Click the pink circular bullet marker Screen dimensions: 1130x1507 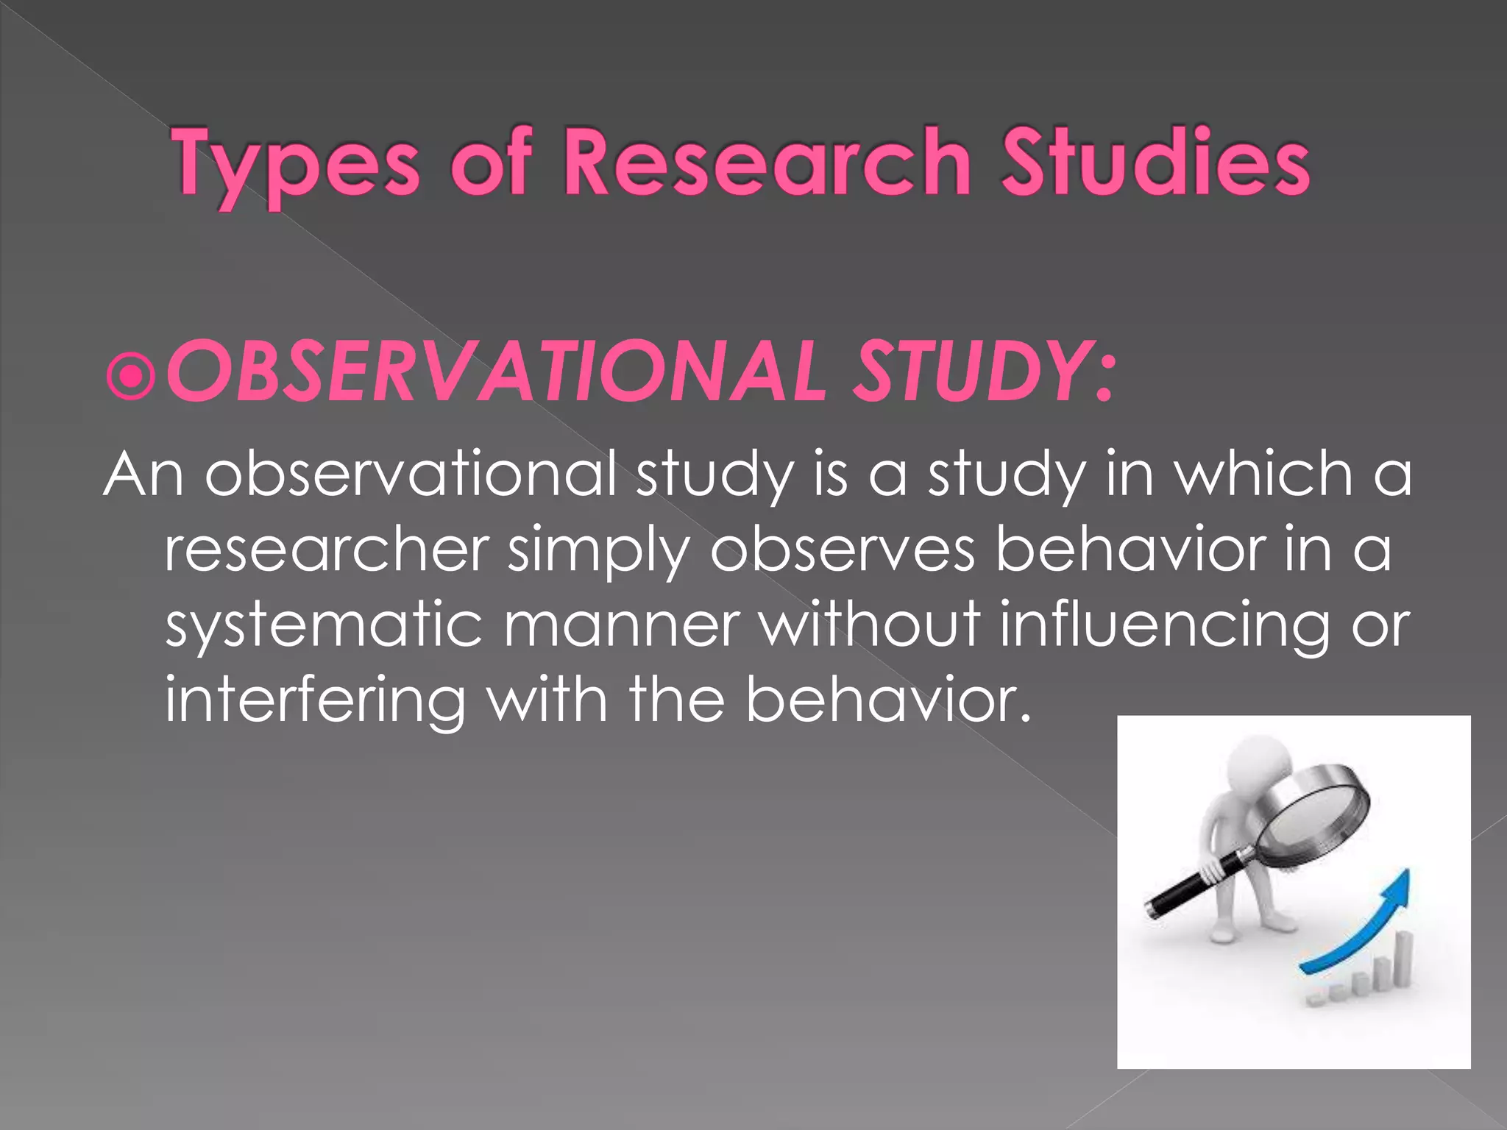coord(131,377)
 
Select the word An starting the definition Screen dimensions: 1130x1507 coord(143,475)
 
